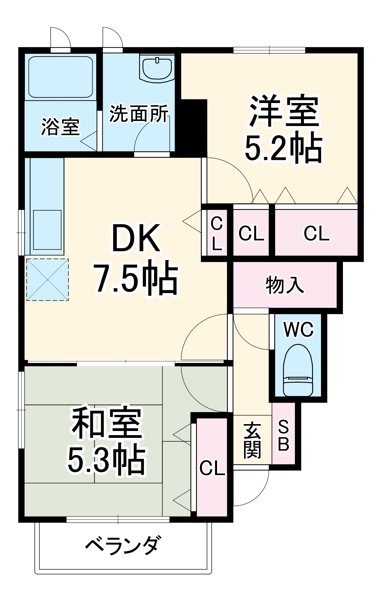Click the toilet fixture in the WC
click(298, 371)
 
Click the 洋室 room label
click(284, 111)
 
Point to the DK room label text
click(135, 238)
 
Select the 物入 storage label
click(284, 285)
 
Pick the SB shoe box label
click(283, 436)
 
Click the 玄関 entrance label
click(252, 440)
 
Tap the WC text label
click(298, 329)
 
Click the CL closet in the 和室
click(212, 468)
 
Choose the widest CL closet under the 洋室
click(316, 233)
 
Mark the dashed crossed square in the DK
click(47, 279)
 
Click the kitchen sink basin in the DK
click(47, 230)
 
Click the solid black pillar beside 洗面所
click(192, 126)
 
